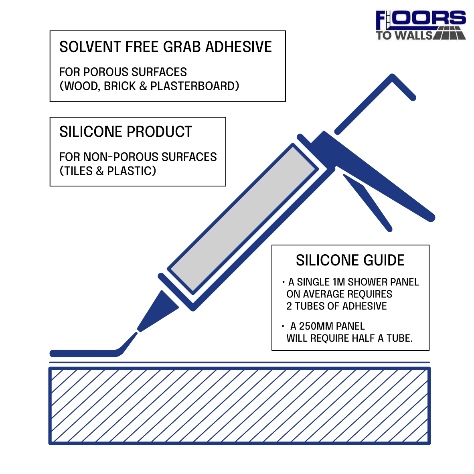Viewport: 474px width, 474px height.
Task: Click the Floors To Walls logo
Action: [421, 25]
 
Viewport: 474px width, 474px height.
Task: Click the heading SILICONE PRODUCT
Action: [126, 132]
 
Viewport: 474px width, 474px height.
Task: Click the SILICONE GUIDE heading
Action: [350, 260]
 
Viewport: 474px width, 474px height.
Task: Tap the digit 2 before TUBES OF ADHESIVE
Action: [289, 306]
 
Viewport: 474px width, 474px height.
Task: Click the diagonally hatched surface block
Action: [239, 406]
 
